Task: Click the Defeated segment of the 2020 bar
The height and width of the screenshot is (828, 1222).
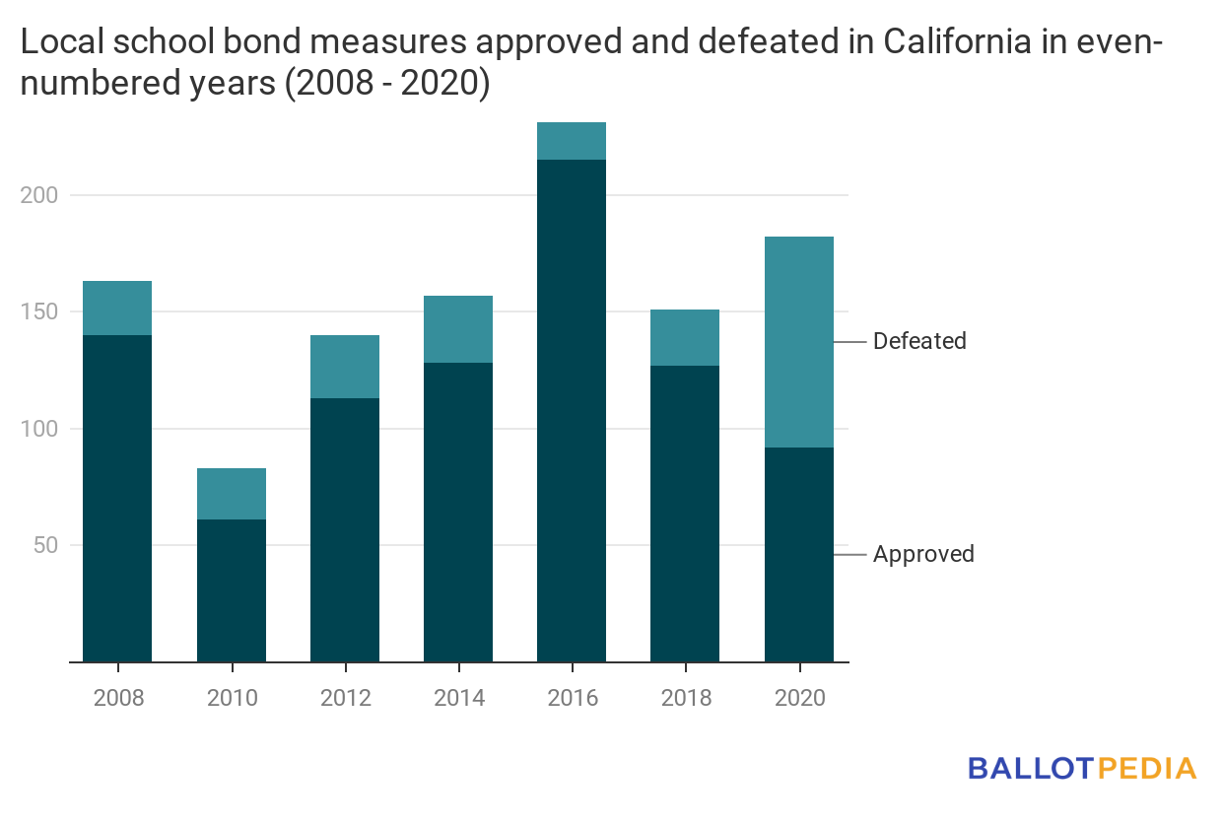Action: (x=799, y=342)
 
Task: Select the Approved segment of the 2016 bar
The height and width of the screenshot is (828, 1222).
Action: (x=572, y=410)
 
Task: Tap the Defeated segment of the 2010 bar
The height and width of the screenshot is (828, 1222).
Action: (x=232, y=494)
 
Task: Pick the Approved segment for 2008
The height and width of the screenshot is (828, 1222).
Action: (x=117, y=498)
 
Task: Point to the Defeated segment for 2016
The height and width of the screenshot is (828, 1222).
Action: (x=572, y=141)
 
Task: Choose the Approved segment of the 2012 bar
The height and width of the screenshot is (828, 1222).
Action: (x=345, y=529)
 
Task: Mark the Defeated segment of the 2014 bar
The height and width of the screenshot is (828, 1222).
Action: (x=458, y=329)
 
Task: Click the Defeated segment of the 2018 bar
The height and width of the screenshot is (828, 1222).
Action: (x=685, y=337)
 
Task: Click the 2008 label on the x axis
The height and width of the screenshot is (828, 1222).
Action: (x=118, y=698)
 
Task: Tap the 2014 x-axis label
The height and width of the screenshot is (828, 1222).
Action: (x=459, y=698)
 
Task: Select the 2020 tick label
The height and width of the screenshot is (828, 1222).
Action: (x=799, y=698)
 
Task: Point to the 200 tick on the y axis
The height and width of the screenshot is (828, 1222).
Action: (x=39, y=195)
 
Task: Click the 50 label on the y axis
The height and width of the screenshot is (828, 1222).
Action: (x=44, y=545)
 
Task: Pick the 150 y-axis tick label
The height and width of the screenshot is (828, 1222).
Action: (x=39, y=311)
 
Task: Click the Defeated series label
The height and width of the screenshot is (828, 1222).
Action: (x=919, y=341)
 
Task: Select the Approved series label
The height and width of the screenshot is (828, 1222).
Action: (x=923, y=554)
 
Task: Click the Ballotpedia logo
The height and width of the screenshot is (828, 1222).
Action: (x=1082, y=768)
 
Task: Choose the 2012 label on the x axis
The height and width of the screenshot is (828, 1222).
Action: (x=345, y=698)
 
